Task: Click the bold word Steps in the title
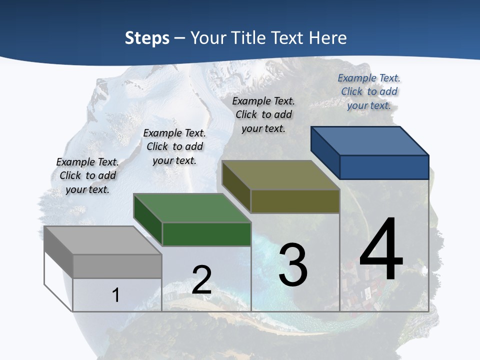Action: pyautogui.click(x=147, y=38)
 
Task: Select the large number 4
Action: pyautogui.click(x=381, y=249)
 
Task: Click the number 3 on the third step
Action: pyautogui.click(x=293, y=265)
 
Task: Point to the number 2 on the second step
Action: pyautogui.click(x=201, y=280)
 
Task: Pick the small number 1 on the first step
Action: pyautogui.click(x=116, y=295)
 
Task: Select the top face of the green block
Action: pyautogui.click(x=192, y=208)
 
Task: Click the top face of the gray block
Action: pyautogui.click(x=103, y=240)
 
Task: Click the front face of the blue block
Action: pyautogui.click(x=384, y=167)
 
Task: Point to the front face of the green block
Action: pyautogui.click(x=206, y=234)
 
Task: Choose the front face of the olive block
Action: pyautogui.click(x=295, y=201)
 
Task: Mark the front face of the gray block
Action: pyautogui.click(x=117, y=266)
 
